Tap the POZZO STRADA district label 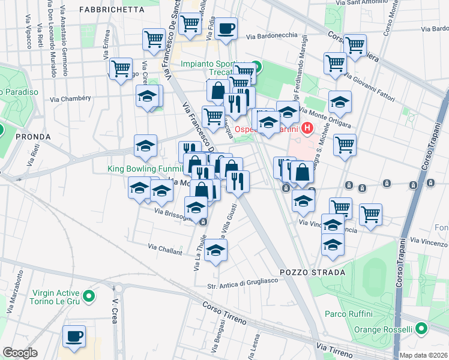(320, 272)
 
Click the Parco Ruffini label (349, 314)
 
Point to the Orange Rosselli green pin (421, 329)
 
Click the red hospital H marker (308, 128)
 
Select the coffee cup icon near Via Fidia (226, 28)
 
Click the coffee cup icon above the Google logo (74, 337)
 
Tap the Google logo (20, 353)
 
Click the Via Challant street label (165, 249)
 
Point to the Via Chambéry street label (70, 99)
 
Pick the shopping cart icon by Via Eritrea (121, 69)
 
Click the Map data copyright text (423, 355)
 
